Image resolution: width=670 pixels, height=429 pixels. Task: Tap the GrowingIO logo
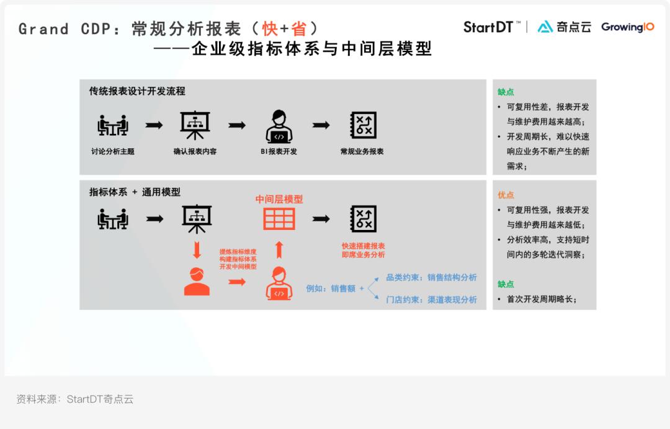point(627,27)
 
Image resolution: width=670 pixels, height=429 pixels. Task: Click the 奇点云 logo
point(564,27)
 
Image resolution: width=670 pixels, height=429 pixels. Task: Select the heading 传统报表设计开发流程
point(137,91)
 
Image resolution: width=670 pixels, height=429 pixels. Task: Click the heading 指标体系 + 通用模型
point(135,192)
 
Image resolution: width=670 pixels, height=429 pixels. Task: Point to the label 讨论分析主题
point(113,151)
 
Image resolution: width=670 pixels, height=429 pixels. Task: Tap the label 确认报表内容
point(195,151)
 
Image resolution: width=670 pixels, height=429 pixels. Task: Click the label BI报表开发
point(279,151)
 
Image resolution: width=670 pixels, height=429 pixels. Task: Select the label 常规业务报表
point(362,151)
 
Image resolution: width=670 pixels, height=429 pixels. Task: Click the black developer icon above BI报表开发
point(279,126)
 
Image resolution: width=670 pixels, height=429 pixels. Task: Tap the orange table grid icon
point(279,219)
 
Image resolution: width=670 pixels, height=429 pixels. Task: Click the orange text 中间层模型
point(279,199)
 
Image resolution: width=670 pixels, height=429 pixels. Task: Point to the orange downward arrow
point(197,250)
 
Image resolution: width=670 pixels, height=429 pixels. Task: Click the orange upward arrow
point(279,249)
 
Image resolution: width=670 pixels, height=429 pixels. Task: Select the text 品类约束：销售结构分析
point(431,277)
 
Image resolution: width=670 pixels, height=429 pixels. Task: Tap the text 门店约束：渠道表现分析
point(431,299)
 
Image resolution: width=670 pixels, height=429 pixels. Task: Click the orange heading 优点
point(506,195)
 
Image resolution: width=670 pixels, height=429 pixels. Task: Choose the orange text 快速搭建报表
point(363,246)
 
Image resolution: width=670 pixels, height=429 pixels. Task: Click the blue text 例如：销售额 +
point(335,288)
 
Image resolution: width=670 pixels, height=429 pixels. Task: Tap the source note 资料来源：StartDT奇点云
point(75,399)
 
